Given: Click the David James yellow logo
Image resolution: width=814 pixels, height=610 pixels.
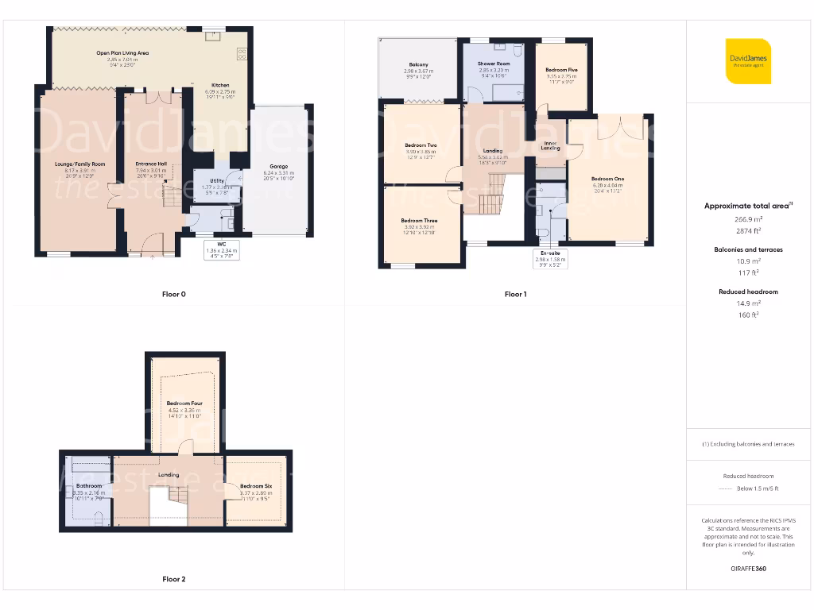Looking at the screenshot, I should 748,61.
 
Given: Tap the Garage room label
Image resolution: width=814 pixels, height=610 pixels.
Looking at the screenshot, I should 278,167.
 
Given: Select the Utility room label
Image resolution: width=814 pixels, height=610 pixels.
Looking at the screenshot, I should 217,181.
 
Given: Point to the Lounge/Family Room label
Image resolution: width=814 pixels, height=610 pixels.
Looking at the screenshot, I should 79,164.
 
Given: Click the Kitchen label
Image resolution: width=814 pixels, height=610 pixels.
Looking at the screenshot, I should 220,85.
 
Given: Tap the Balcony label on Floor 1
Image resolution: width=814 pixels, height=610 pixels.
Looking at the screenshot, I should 418,64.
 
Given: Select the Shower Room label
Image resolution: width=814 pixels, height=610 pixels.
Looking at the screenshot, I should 493,64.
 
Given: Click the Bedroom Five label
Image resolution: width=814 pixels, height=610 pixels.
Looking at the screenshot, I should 561,71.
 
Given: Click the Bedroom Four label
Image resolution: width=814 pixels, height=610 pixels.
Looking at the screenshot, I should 184,403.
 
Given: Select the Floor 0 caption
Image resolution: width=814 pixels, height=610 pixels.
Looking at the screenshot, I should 173,295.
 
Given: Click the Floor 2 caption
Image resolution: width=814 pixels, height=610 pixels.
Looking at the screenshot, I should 173,579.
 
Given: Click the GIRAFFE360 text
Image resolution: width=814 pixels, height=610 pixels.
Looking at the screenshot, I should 747,569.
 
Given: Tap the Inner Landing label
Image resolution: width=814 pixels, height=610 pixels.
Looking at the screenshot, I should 550,145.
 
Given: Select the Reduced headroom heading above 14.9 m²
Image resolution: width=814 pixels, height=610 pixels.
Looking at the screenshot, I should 747,291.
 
